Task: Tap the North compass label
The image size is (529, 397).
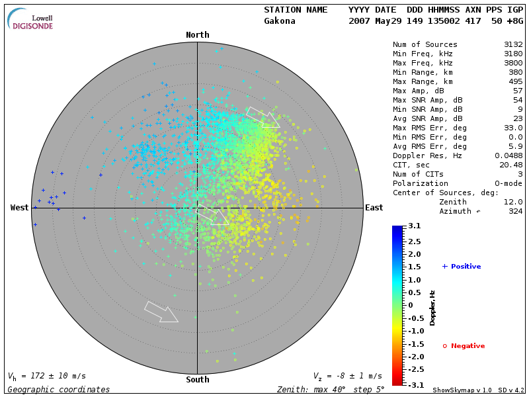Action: pyautogui.click(x=197, y=35)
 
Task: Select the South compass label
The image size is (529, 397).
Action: pyautogui.click(x=197, y=380)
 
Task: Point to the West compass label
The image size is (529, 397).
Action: pyautogui.click(x=20, y=208)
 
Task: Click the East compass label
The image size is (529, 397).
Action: pyautogui.click(x=374, y=208)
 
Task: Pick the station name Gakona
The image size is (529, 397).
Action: pyautogui.click(x=280, y=21)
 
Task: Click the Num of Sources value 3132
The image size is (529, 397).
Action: pyautogui.click(x=512, y=45)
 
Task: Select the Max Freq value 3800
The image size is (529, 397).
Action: pyautogui.click(x=512, y=64)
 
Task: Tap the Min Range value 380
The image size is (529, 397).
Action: pyautogui.click(x=515, y=73)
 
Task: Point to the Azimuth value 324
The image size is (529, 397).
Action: pyautogui.click(x=515, y=212)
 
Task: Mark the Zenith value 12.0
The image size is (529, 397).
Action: pyautogui.click(x=512, y=202)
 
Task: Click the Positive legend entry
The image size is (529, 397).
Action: pyautogui.click(x=462, y=267)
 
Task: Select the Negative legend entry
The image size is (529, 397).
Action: pyautogui.click(x=464, y=346)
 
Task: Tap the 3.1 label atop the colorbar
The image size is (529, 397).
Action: pyautogui.click(x=415, y=226)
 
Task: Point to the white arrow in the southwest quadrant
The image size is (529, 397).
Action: pyautogui.click(x=161, y=312)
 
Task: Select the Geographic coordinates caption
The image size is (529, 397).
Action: pyautogui.click(x=59, y=390)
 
